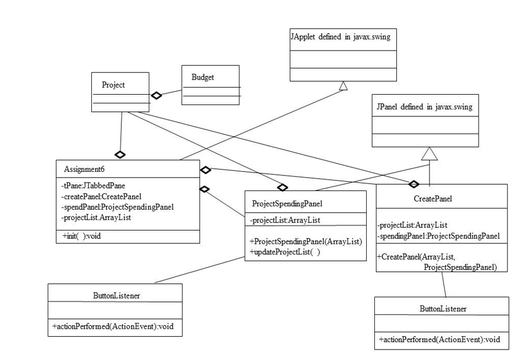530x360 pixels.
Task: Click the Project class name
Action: [x=113, y=84]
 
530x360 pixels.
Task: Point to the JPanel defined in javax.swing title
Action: [x=424, y=107]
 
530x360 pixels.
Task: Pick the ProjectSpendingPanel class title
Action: [x=287, y=203]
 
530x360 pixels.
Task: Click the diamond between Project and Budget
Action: [x=156, y=96]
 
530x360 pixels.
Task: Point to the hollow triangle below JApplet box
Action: [x=343, y=86]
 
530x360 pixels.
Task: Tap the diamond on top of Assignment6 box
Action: [x=120, y=154]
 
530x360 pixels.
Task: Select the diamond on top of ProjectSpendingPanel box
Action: [x=283, y=187]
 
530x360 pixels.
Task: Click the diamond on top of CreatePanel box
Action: [x=414, y=184]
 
